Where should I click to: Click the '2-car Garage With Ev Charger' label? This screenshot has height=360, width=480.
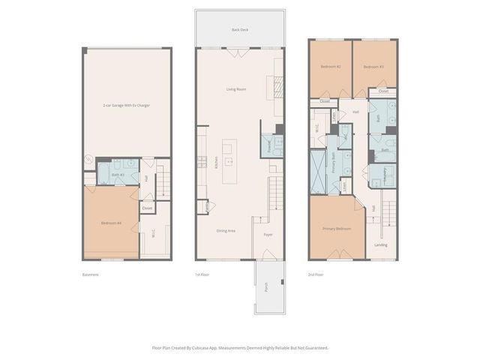click(x=127, y=106)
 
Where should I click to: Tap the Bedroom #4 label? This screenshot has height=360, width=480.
click(x=110, y=223)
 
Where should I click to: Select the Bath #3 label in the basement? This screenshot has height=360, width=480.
click(x=117, y=175)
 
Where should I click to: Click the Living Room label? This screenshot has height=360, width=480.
click(x=236, y=89)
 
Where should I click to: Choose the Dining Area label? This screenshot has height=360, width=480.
click(x=226, y=230)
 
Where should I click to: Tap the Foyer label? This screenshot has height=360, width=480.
click(x=268, y=234)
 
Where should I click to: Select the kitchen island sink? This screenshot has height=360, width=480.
click(x=230, y=160)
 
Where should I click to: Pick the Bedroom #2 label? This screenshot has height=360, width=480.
click(x=331, y=67)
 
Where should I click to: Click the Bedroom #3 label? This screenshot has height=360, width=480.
click(x=373, y=67)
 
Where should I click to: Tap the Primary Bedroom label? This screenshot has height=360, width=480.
click(x=337, y=228)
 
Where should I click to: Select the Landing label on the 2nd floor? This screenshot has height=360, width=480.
click(x=381, y=244)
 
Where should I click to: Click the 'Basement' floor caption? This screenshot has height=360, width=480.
click(x=91, y=275)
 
